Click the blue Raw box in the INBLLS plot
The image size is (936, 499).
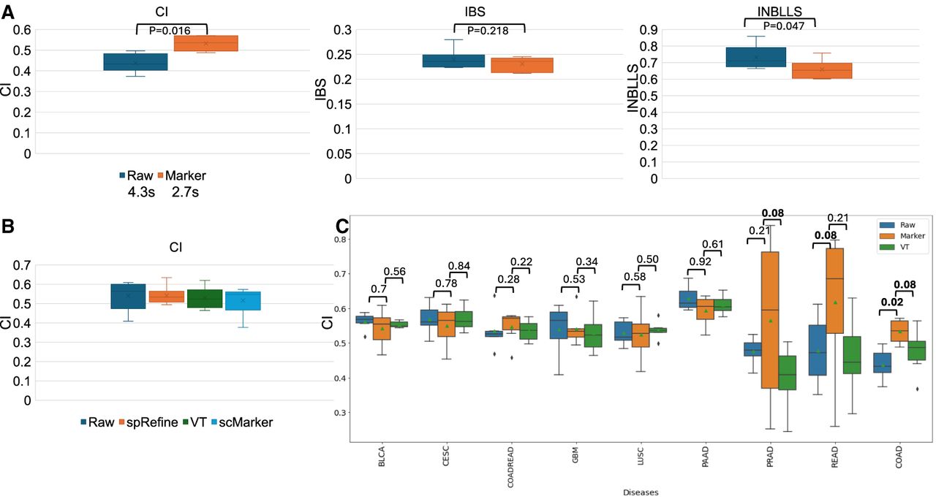(755, 57)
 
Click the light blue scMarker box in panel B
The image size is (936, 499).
(244, 300)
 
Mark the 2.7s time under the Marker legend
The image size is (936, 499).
(186, 193)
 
